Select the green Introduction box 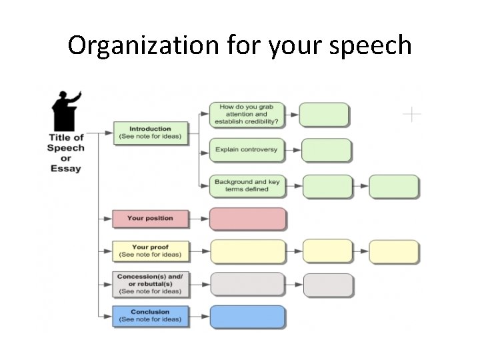pyautogui.click(x=150, y=133)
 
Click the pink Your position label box pyautogui.click(x=150, y=218)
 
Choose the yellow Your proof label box pyautogui.click(x=150, y=251)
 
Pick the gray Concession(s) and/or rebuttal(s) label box pyautogui.click(x=150, y=283)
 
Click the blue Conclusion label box pyautogui.click(x=150, y=316)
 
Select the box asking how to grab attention pyautogui.click(x=247, y=115)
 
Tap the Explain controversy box pyautogui.click(x=247, y=150)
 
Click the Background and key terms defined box pyautogui.click(x=247, y=185)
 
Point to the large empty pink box pyautogui.click(x=248, y=219)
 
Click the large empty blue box pyautogui.click(x=248, y=317)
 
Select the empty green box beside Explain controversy pyautogui.click(x=326, y=150)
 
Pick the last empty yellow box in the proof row pyautogui.click(x=394, y=252)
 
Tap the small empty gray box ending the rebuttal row pyautogui.click(x=327, y=285)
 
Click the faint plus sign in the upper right pyautogui.click(x=412, y=115)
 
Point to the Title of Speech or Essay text pyautogui.click(x=65, y=153)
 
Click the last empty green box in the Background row pyautogui.click(x=394, y=186)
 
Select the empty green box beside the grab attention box pyautogui.click(x=324, y=115)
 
